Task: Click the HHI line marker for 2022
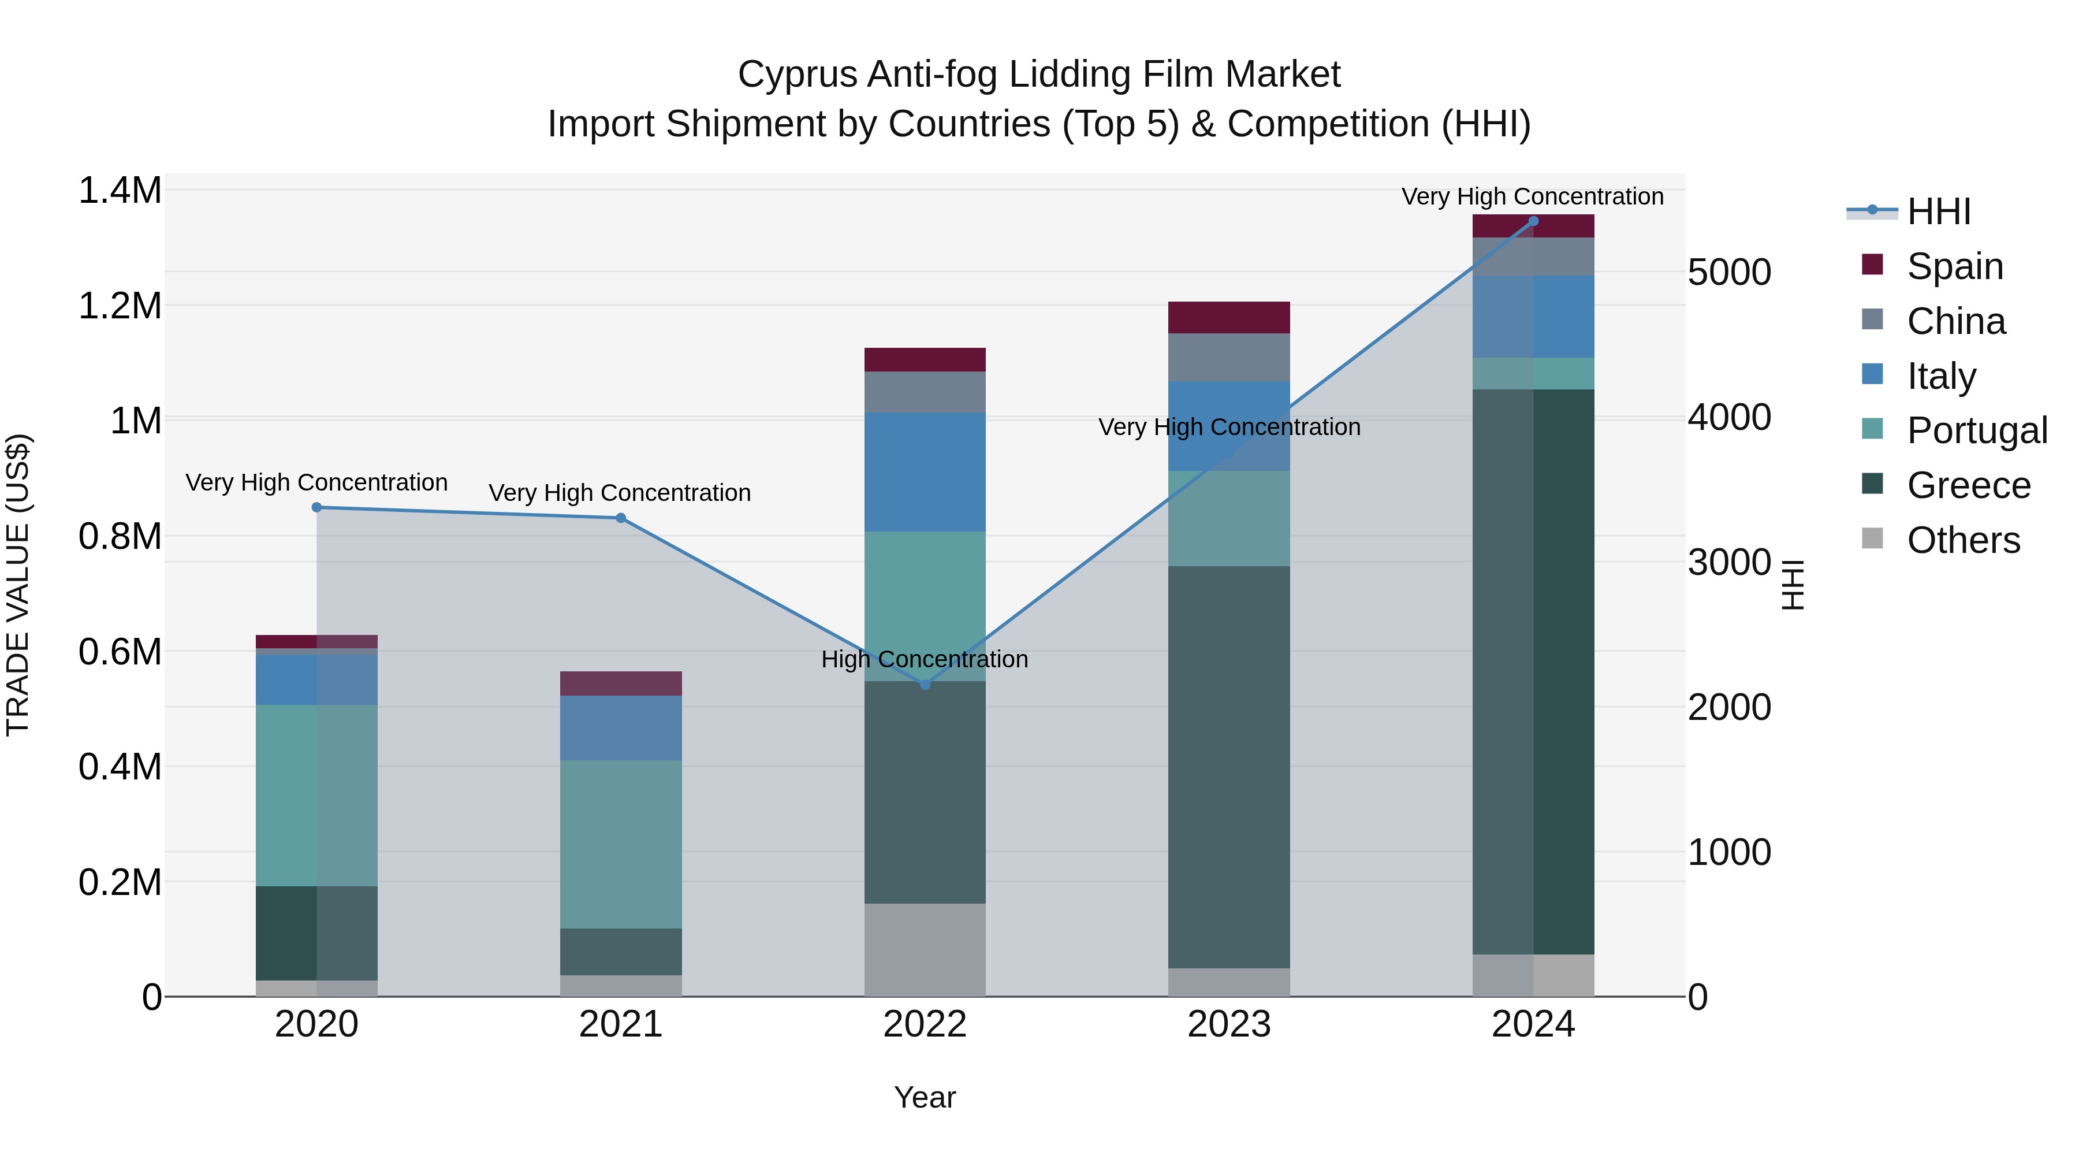(925, 685)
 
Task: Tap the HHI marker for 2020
(316, 508)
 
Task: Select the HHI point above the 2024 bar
(1533, 221)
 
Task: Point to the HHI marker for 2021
(621, 518)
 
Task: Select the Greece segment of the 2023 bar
(1228, 767)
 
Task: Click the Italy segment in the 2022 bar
(925, 473)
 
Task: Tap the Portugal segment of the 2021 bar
(621, 844)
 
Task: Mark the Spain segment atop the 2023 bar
(1228, 317)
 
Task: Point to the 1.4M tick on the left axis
(120, 191)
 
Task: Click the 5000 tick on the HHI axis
(1728, 272)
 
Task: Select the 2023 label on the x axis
(1228, 1024)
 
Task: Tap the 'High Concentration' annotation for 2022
(925, 660)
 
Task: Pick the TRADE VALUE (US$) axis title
(18, 585)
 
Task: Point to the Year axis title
(925, 1097)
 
